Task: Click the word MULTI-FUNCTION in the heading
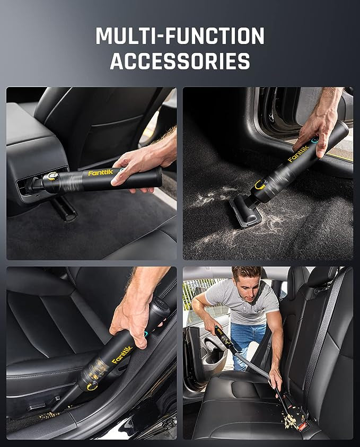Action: pyautogui.click(x=180, y=36)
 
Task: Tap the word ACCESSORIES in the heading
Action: pyautogui.click(x=180, y=61)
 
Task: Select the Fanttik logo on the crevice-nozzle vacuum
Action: pyautogui.click(x=122, y=354)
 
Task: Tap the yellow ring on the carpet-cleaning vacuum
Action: pyautogui.click(x=260, y=185)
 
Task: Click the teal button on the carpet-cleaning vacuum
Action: pyautogui.click(x=315, y=139)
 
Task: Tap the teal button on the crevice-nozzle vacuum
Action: pyautogui.click(x=147, y=335)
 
